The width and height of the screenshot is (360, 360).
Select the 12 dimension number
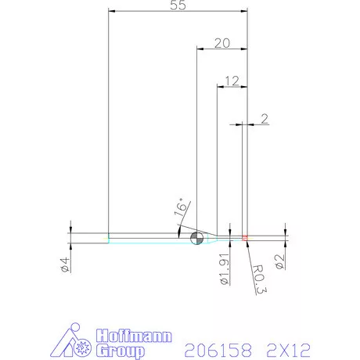click(x=231, y=81)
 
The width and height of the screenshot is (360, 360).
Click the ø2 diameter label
click(x=280, y=258)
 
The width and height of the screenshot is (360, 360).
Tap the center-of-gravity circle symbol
click(x=196, y=238)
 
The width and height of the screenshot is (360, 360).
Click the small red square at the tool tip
click(x=245, y=237)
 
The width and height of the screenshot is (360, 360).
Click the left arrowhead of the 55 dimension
click(x=111, y=12)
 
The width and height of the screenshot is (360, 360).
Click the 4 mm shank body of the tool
click(x=141, y=238)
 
